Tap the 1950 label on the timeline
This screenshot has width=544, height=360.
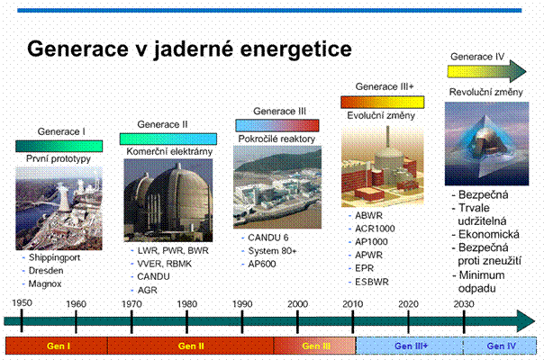coord(23,303)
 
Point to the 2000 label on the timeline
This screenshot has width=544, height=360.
coord(299,303)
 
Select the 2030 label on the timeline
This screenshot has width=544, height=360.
coord(466,303)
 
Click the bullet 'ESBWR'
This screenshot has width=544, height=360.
coord(371,280)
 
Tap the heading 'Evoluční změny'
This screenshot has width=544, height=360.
coord(382,115)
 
